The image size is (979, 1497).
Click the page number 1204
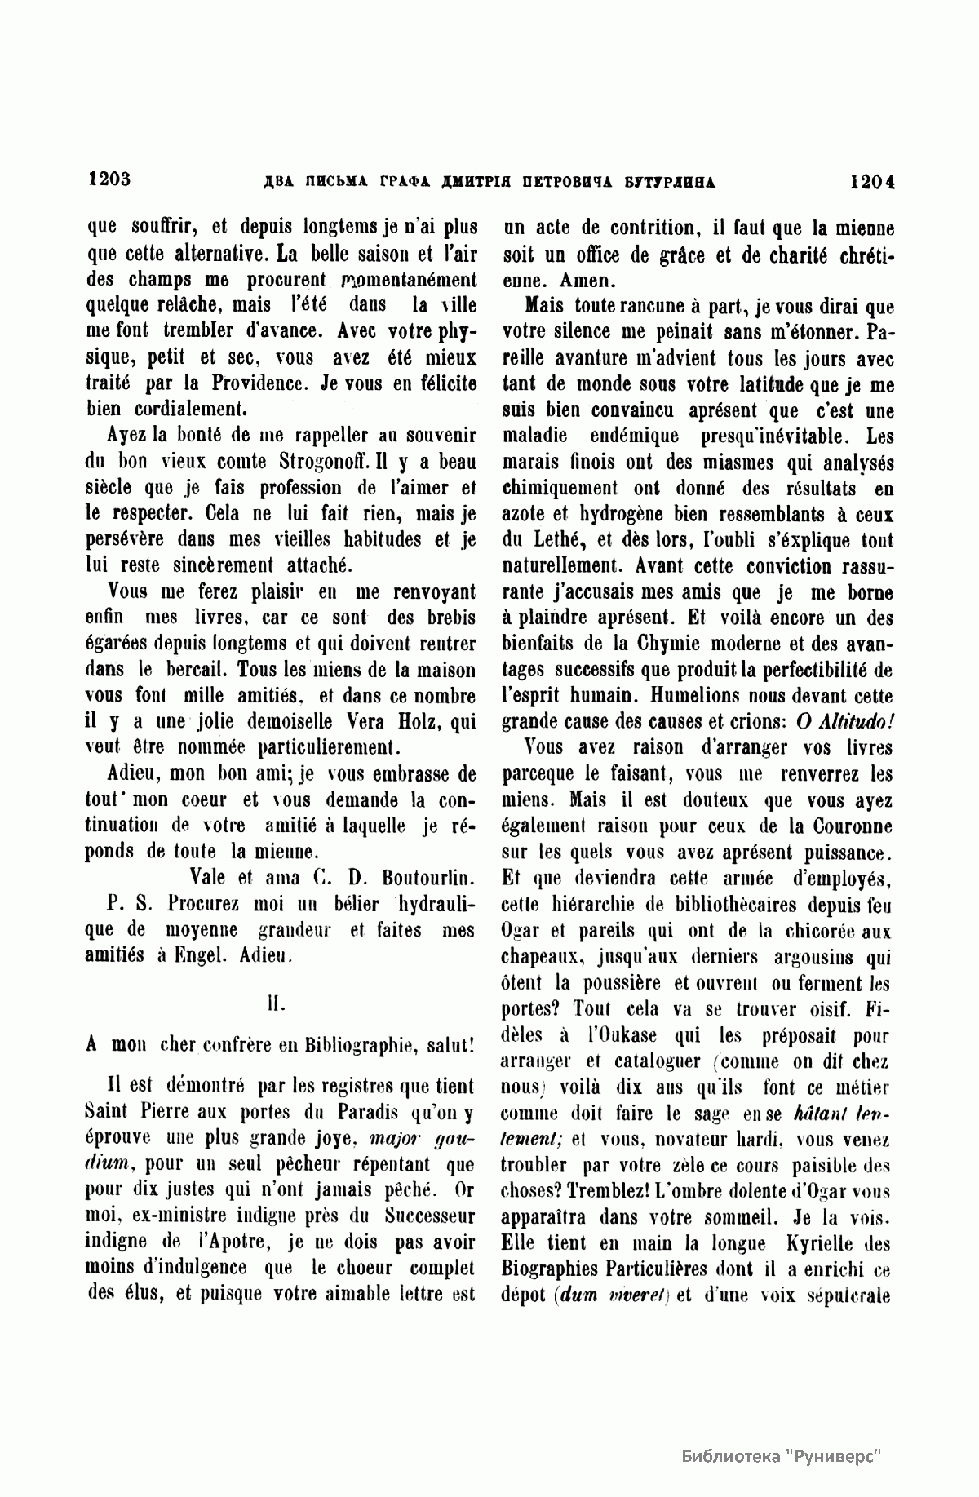[x=872, y=181]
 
